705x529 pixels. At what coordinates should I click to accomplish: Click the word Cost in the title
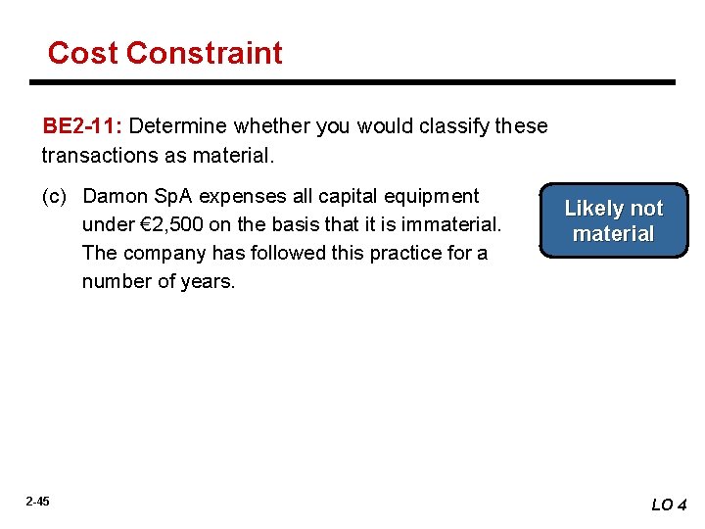tap(82, 53)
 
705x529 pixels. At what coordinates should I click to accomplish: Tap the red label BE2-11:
tap(82, 126)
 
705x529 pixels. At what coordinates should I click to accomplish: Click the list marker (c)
tap(54, 196)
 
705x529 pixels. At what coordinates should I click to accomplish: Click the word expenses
tap(247, 196)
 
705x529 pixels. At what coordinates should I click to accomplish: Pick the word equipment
tap(433, 196)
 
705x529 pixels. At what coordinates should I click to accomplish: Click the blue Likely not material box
tap(614, 221)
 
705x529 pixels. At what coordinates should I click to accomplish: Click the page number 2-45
tap(37, 502)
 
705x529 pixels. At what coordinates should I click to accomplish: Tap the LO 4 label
tap(670, 505)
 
